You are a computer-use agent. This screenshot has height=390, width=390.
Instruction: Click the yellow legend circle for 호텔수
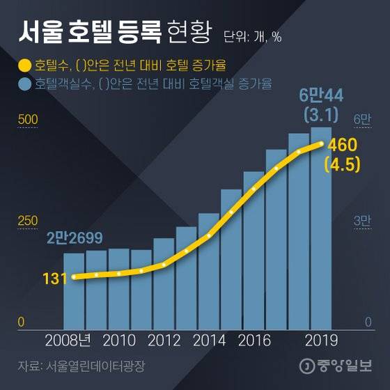(x=24, y=67)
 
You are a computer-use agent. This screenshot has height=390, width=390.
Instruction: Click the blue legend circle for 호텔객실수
(x=24, y=85)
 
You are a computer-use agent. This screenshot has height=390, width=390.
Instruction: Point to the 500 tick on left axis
(x=27, y=120)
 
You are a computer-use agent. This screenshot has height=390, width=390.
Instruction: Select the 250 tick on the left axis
(x=27, y=221)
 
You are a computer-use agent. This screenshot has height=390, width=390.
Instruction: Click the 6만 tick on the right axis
(x=363, y=120)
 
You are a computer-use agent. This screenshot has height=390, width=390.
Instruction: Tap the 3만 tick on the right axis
(x=363, y=221)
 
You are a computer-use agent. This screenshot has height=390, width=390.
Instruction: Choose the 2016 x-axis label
(x=253, y=341)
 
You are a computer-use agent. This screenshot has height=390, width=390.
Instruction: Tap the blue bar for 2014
(x=209, y=272)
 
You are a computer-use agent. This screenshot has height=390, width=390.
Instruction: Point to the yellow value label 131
(x=54, y=279)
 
